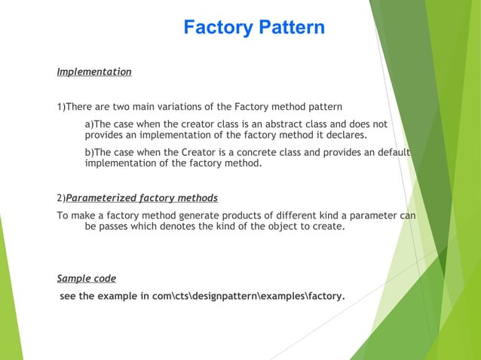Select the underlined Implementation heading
point(94,72)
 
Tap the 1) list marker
point(61,106)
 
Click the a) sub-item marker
point(89,124)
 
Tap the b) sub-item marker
point(89,152)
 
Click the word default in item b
point(391,152)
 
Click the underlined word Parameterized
point(101,198)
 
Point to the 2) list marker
point(61,198)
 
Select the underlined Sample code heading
point(87,279)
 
